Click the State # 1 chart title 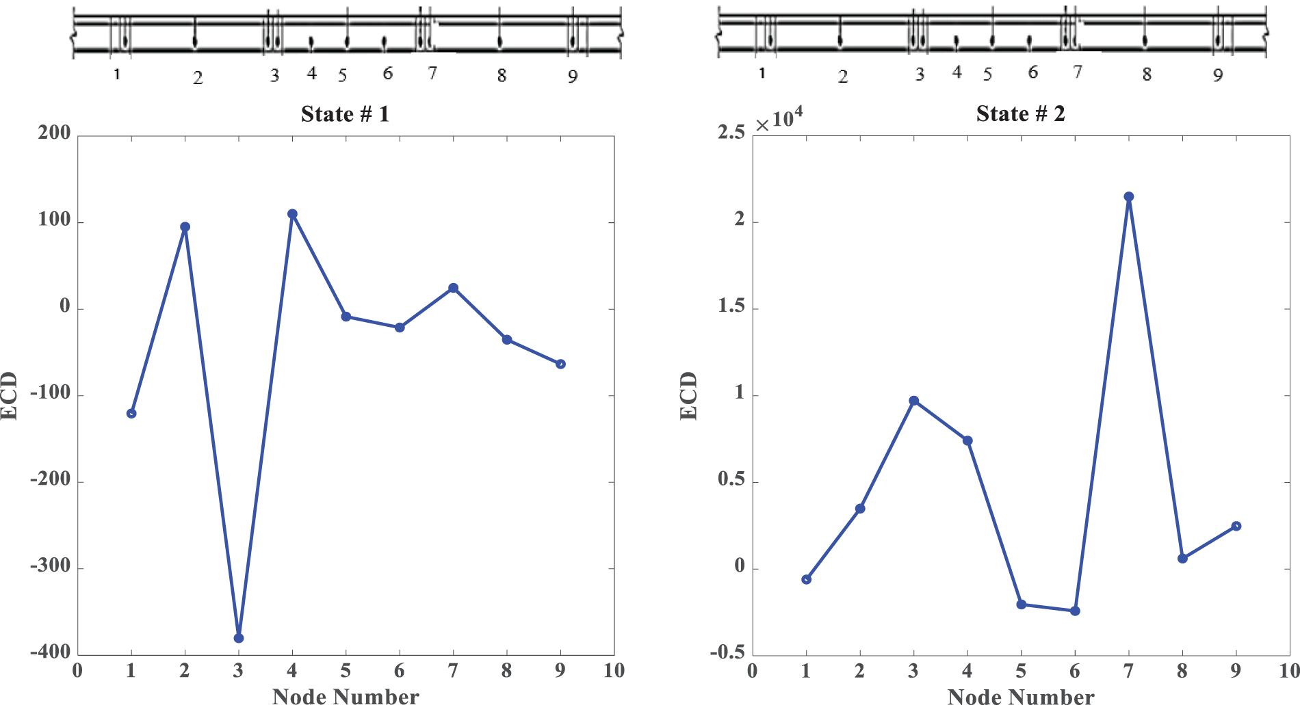345,114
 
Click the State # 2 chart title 1020,114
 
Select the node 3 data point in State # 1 239,638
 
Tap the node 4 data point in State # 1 292,214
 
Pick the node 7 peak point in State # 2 1129,197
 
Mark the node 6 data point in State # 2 1075,611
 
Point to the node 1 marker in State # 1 131,413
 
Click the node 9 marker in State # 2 1236,526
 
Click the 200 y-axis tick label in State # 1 55,133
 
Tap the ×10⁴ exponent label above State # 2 779,120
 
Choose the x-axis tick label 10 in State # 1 614,671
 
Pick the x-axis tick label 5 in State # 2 1021,671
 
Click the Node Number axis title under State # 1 346,696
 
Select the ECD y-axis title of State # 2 688,395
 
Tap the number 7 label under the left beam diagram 432,72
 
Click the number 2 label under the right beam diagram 843,77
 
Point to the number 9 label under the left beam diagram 573,77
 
